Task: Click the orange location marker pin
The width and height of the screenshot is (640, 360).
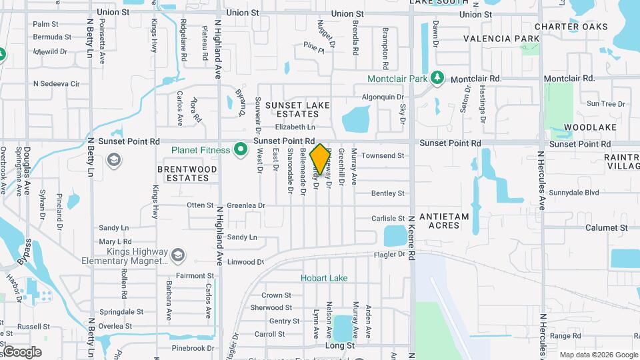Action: pyautogui.click(x=320, y=159)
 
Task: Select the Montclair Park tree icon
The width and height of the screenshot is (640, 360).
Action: pyautogui.click(x=437, y=78)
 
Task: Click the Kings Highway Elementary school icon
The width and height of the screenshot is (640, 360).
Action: pyautogui.click(x=178, y=255)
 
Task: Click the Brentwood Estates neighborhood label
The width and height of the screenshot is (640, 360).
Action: pyautogui.click(x=187, y=173)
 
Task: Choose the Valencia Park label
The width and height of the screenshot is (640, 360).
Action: pyautogui.click(x=501, y=39)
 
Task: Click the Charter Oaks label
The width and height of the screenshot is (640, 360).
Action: pyautogui.click(x=571, y=27)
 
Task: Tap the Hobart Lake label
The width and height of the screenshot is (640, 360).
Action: pyautogui.click(x=324, y=278)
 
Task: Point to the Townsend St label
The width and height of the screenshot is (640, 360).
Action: pyautogui.click(x=383, y=155)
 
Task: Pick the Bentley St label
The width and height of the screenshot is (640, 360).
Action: pyautogui.click(x=388, y=193)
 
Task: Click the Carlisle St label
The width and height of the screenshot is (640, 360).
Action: pyautogui.click(x=388, y=219)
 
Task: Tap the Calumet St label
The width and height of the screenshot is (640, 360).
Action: pyautogui.click(x=607, y=227)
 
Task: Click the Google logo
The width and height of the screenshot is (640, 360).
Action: pyautogui.click(x=22, y=351)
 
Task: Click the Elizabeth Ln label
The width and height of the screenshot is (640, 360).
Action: pyautogui.click(x=295, y=127)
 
